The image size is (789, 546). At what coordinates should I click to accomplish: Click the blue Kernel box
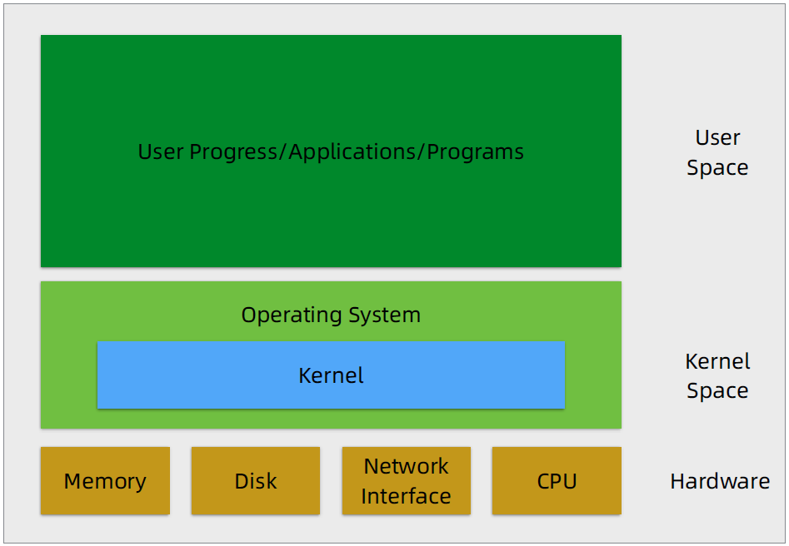(331, 375)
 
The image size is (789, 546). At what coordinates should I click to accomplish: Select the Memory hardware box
(105, 480)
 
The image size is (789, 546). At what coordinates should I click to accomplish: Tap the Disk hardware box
(256, 480)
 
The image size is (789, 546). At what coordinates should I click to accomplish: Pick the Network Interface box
(406, 480)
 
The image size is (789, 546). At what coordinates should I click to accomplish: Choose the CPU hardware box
(557, 480)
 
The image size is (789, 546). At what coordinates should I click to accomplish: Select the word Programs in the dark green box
(476, 151)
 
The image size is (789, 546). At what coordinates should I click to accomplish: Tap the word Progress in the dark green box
(233, 151)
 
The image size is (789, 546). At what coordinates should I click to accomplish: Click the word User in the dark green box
(161, 151)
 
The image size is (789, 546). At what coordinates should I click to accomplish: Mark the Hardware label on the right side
(720, 481)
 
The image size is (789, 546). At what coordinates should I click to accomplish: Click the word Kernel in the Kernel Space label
(717, 361)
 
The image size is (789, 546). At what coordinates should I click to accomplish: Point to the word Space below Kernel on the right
(717, 391)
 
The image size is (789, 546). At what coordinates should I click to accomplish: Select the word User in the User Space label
(717, 137)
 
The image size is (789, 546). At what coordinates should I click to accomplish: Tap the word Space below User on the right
(717, 167)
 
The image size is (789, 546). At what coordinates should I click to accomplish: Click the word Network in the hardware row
(406, 466)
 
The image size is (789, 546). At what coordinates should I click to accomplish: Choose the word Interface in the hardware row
(406, 496)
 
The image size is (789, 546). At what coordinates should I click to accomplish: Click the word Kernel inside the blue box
(331, 375)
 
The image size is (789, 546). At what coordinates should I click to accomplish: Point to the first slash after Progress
(283, 151)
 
